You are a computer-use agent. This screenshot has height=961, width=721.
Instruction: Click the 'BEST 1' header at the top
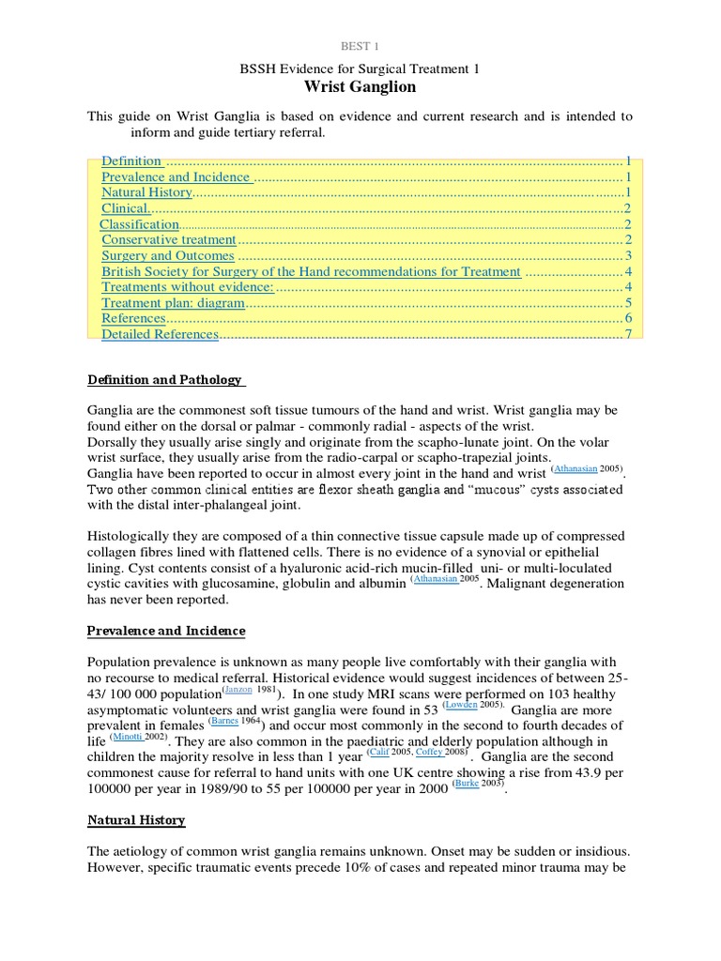360,45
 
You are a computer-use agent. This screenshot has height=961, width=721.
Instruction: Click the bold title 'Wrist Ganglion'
360,87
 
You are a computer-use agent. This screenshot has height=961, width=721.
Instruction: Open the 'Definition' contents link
131,160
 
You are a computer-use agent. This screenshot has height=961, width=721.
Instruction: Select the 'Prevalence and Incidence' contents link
176,176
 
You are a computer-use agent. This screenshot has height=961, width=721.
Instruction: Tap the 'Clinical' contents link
125,208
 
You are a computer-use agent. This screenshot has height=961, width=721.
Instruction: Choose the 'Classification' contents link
139,224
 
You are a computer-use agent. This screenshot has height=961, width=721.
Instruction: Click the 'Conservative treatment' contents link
169,240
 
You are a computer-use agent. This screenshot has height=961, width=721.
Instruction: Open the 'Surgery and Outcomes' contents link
168,256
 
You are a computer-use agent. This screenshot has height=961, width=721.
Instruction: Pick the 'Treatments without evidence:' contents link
188,287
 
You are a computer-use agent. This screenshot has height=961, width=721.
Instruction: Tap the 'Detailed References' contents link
160,335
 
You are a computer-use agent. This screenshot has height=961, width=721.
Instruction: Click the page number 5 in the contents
627,303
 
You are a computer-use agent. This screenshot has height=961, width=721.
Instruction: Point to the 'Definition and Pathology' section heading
165,380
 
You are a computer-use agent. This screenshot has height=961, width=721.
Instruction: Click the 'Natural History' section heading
137,820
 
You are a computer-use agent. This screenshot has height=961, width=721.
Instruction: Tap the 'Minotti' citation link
129,736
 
